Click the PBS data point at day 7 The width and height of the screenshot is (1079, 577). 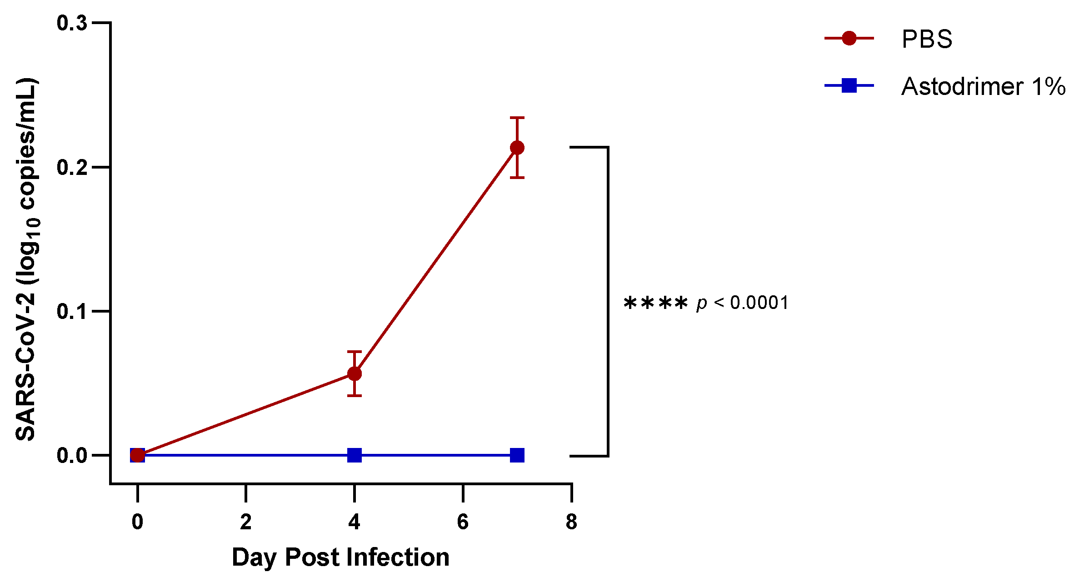(x=517, y=148)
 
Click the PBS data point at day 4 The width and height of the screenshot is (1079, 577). (x=354, y=374)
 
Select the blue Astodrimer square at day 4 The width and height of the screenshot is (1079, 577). (x=354, y=455)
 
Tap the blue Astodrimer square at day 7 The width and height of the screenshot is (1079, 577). (x=517, y=455)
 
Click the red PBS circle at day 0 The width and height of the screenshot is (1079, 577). (x=137, y=455)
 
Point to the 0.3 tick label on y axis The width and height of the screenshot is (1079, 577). (x=72, y=23)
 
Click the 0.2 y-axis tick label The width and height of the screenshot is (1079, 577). (x=72, y=168)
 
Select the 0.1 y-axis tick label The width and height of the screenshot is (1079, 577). (x=72, y=312)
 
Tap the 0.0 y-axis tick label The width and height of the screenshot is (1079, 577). (x=72, y=456)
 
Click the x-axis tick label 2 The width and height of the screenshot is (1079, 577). (x=245, y=522)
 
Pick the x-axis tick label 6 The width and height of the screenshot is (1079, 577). (x=462, y=522)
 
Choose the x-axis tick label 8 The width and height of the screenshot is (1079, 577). (x=571, y=522)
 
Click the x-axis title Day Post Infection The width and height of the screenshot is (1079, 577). (x=340, y=557)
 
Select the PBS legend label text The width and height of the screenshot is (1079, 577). (x=926, y=40)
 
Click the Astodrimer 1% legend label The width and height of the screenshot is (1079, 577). (x=983, y=86)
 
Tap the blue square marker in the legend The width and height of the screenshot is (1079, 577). (x=849, y=85)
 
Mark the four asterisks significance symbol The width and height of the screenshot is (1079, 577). (x=655, y=303)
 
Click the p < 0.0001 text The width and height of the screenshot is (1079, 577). (x=742, y=303)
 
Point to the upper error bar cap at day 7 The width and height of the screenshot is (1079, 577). (x=517, y=118)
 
